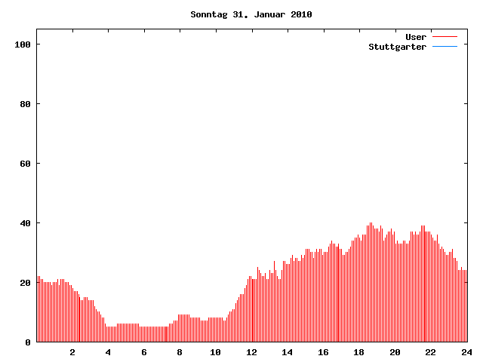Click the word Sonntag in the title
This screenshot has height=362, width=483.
pos(208,14)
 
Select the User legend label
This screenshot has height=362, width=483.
pos(416,37)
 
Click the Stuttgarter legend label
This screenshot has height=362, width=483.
pos(397,47)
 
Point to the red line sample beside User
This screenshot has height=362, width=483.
pos(445,37)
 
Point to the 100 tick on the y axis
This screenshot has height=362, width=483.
pos(23,44)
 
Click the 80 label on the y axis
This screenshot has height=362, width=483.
pos(25,104)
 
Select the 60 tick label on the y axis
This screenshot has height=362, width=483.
pos(25,164)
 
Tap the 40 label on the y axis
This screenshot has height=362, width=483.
pos(25,223)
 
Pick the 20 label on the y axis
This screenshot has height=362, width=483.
pos(25,283)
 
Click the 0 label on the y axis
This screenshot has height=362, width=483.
pos(28,342)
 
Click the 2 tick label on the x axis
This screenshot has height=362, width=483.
pos(72,352)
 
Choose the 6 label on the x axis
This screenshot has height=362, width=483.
pos(144,352)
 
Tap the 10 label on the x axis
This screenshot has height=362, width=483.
pos(215,352)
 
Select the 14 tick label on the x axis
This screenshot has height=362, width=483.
pos(287,352)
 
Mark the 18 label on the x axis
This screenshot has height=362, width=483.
pos(358,352)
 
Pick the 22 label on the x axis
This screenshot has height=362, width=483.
pos(430,352)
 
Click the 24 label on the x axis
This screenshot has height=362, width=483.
pos(466,352)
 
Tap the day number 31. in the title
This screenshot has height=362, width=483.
pos(241,14)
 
